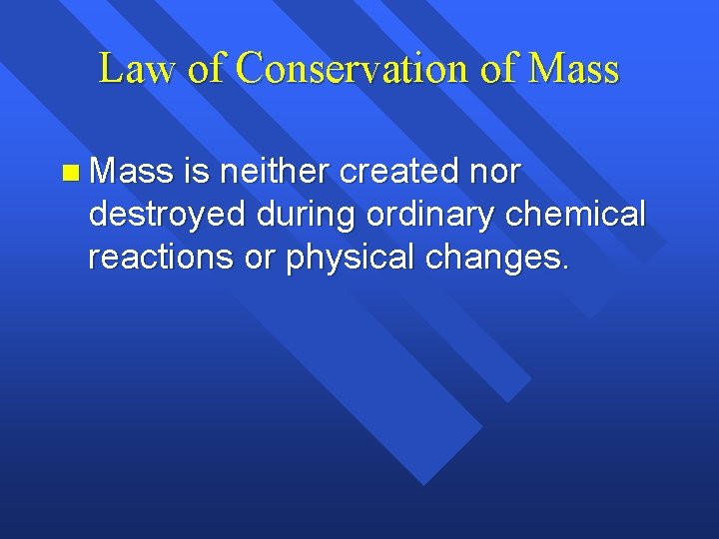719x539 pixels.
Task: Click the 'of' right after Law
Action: pos(205,69)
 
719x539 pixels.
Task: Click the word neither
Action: pos(275,172)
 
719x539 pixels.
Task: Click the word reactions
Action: pos(159,257)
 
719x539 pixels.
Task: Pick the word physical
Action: pos(352,257)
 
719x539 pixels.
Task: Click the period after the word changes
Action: pos(565,268)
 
